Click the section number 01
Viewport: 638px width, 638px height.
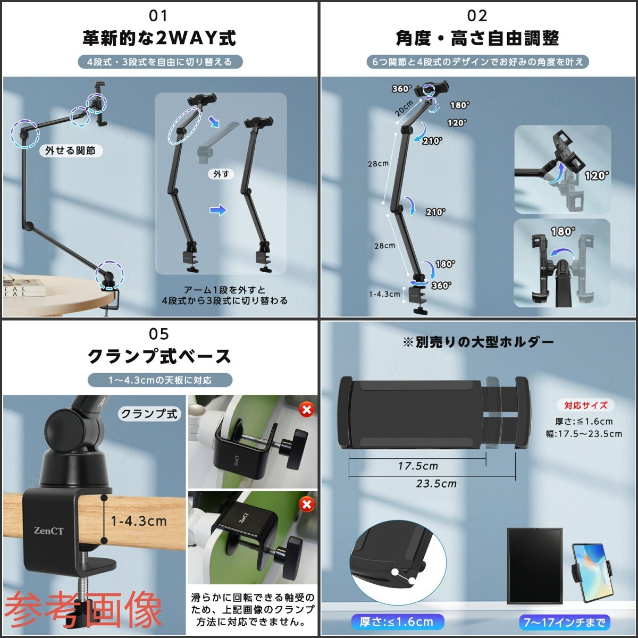pos(158,16)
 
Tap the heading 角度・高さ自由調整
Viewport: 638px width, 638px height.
pos(477,38)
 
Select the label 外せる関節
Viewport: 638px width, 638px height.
pos(70,151)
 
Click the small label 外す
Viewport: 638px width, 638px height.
pos(221,174)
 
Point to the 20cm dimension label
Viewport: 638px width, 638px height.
pos(404,108)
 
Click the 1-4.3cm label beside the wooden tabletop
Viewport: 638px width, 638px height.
pos(139,521)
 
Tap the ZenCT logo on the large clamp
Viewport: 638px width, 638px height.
pos(48,530)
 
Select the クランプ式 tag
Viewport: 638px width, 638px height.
pos(149,414)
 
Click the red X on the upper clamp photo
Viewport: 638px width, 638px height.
pos(306,409)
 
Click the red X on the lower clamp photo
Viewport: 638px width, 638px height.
pos(306,504)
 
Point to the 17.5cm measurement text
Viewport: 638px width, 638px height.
pos(418,466)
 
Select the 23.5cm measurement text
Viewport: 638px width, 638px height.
pos(436,484)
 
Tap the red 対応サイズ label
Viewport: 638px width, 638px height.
pos(585,405)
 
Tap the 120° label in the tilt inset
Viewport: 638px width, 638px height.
pos(597,175)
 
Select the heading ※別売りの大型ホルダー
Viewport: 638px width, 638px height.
pos(478,342)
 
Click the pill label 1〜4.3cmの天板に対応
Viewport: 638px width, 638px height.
pos(160,380)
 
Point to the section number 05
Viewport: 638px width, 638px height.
pos(158,334)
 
